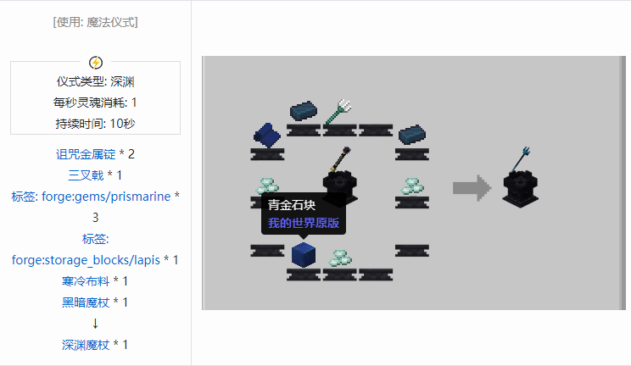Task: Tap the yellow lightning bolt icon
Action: click(x=96, y=62)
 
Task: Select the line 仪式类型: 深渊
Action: click(x=95, y=82)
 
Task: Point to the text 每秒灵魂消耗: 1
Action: click(x=95, y=103)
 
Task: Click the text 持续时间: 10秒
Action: click(x=95, y=124)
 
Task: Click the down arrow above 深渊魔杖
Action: click(x=95, y=323)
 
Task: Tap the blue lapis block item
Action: click(x=303, y=254)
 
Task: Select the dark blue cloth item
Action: click(x=267, y=134)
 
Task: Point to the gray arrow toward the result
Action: click(x=472, y=187)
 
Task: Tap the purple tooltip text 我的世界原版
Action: click(x=304, y=224)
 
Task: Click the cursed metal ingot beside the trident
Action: click(x=303, y=111)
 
